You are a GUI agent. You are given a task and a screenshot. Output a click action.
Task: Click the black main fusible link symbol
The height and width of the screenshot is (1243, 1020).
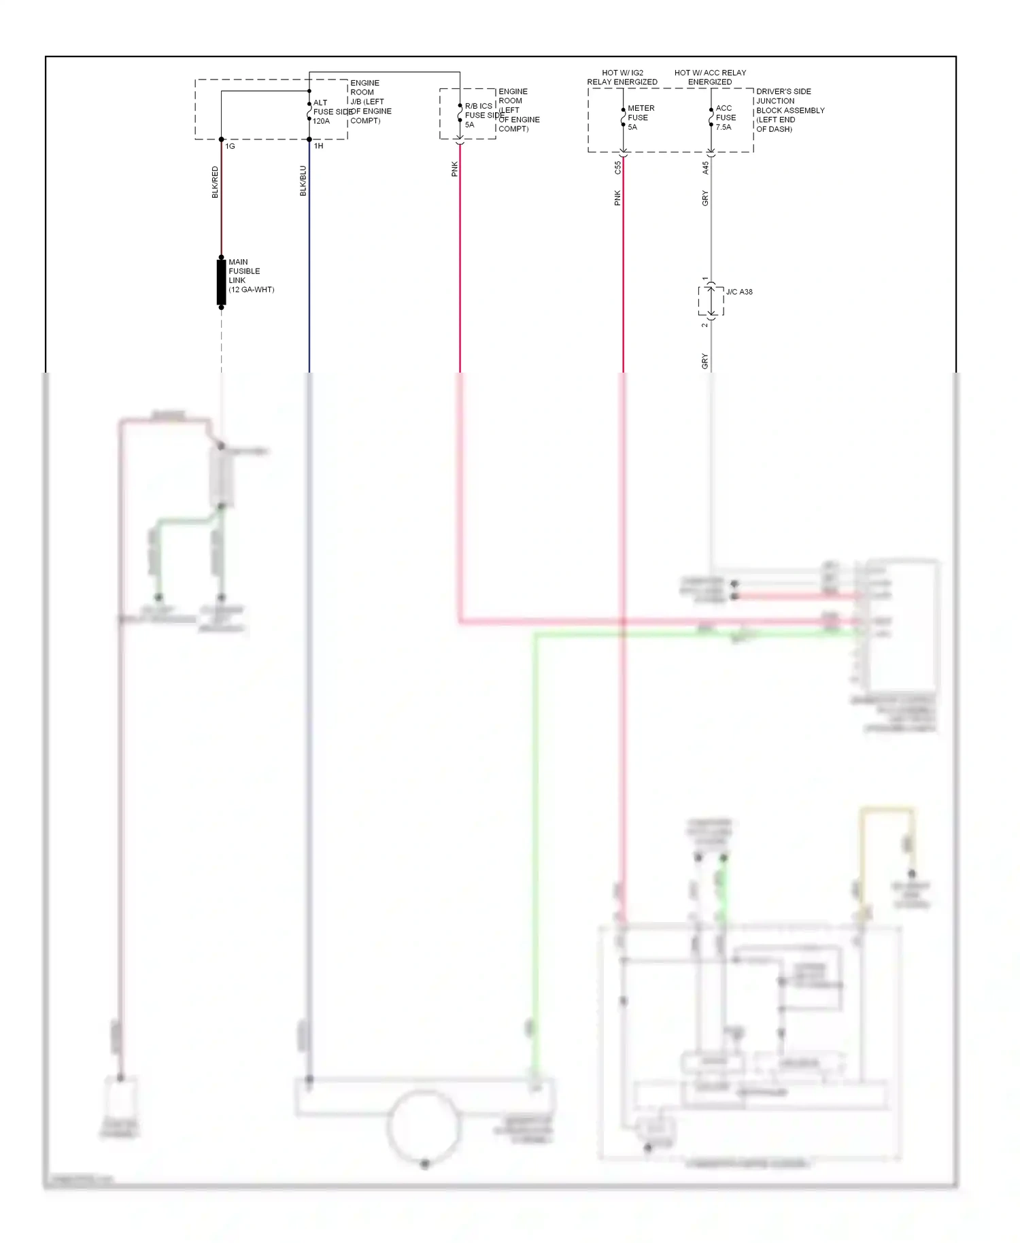pos(221,282)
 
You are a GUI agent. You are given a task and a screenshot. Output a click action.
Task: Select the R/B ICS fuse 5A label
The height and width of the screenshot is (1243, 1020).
pos(479,116)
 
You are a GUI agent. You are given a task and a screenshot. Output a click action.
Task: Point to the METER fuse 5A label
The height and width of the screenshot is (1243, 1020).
pos(640,118)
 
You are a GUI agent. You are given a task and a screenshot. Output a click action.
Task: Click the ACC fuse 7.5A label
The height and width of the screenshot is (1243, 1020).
pos(725,118)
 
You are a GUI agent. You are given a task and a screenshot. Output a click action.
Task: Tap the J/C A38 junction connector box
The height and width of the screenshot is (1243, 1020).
pos(711,301)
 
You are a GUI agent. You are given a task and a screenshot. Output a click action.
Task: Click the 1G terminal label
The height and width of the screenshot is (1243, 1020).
pos(231,146)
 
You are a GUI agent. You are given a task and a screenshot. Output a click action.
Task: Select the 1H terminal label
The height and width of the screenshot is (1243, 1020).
pos(318,146)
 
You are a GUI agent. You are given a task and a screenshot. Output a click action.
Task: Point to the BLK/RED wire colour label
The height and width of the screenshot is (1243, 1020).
pos(215,182)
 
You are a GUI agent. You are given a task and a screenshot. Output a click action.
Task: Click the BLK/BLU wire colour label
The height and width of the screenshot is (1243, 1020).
pos(303,181)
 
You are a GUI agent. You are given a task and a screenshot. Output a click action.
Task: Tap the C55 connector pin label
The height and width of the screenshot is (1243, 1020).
pos(617,167)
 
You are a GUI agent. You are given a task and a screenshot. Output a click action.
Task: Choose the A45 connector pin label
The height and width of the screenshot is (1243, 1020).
pos(705,167)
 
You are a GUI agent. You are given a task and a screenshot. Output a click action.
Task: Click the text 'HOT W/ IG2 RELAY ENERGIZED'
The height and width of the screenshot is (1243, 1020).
pos(622,78)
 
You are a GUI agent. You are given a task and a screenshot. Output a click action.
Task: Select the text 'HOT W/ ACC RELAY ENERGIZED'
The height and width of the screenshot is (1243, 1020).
pos(710,78)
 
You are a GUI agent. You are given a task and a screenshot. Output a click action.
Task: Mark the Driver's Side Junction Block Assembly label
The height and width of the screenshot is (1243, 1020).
pos(789,110)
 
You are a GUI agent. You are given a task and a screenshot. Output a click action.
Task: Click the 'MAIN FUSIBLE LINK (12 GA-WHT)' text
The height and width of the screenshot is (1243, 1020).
pos(250,275)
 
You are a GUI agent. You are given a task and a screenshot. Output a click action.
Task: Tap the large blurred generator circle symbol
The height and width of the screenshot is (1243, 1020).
pos(424,1126)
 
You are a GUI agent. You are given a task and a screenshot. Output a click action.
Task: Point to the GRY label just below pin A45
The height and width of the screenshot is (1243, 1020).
pos(705,199)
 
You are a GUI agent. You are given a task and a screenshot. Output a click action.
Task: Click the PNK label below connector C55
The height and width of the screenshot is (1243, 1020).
pos(617,198)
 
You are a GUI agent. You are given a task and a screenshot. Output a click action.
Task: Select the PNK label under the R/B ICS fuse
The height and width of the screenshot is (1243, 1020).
pos(454,169)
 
